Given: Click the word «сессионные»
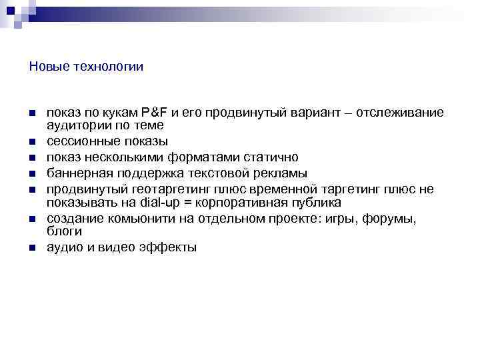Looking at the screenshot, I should [80, 141].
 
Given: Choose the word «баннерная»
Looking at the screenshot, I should [75, 174].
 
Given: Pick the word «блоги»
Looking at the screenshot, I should [64, 232].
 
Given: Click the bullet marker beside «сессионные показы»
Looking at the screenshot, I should [32, 142].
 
